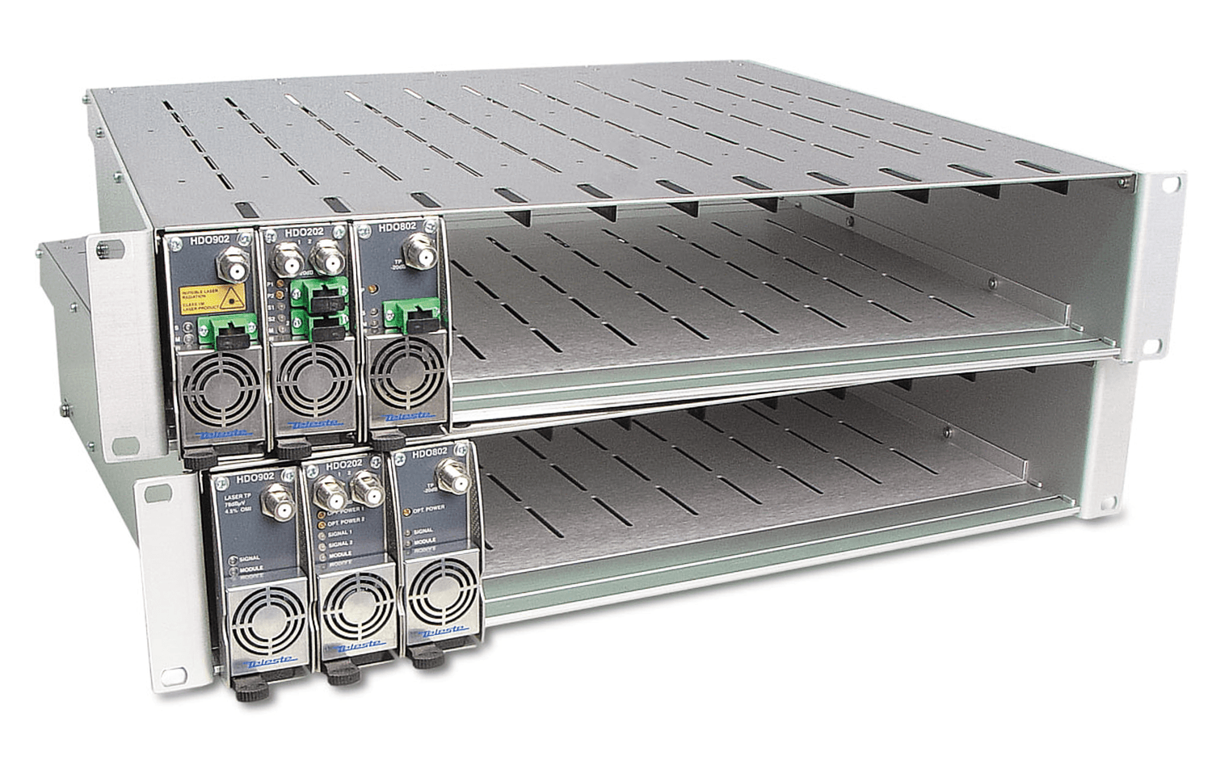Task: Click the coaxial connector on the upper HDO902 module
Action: click(x=222, y=263)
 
